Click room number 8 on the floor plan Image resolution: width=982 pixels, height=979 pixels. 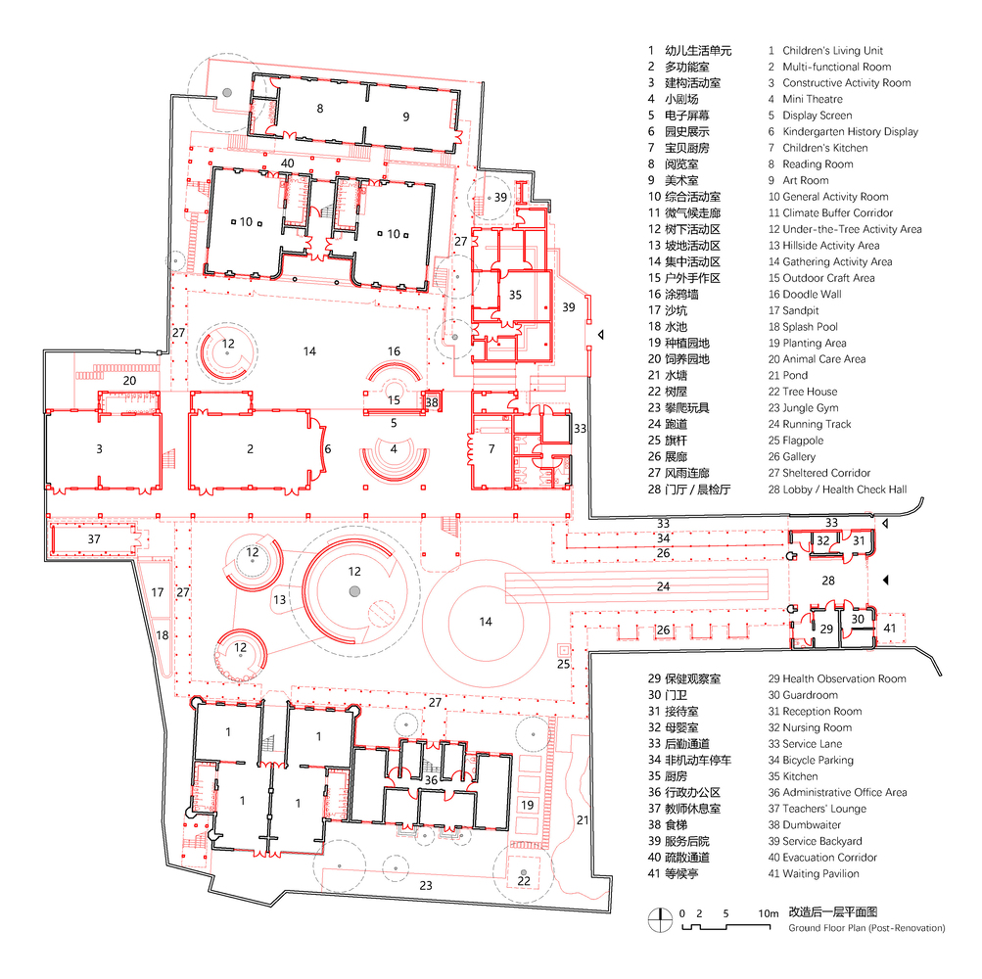pyautogui.click(x=320, y=109)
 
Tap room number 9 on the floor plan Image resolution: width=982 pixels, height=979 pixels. pyautogui.click(x=406, y=117)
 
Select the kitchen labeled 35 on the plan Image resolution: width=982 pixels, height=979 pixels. pyautogui.click(x=515, y=295)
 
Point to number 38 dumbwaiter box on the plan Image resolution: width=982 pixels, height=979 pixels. pyautogui.click(x=432, y=402)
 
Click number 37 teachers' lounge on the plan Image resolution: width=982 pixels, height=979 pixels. pyautogui.click(x=94, y=539)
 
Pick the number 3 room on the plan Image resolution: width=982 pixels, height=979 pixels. pyautogui.click(x=100, y=449)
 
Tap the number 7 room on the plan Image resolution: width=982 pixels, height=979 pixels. pyautogui.click(x=491, y=449)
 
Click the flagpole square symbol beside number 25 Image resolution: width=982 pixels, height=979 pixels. pyautogui.click(x=564, y=649)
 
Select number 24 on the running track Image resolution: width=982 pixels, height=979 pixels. pyautogui.click(x=663, y=586)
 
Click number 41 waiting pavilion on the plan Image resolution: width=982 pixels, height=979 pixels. pyautogui.click(x=890, y=628)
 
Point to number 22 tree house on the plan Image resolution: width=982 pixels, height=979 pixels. pyautogui.click(x=524, y=881)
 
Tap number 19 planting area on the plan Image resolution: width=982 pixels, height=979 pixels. pyautogui.click(x=528, y=805)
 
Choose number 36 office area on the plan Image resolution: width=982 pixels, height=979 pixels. pyautogui.click(x=432, y=780)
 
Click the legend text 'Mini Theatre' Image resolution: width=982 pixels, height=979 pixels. pyautogui.click(x=813, y=99)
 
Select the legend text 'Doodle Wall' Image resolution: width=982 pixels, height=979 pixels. pyautogui.click(x=813, y=295)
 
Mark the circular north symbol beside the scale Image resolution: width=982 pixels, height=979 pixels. pyautogui.click(x=660, y=919)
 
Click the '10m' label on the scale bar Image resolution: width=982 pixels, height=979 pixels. pyautogui.click(x=769, y=913)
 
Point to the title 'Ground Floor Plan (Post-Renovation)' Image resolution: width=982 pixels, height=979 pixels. pyautogui.click(x=866, y=928)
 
